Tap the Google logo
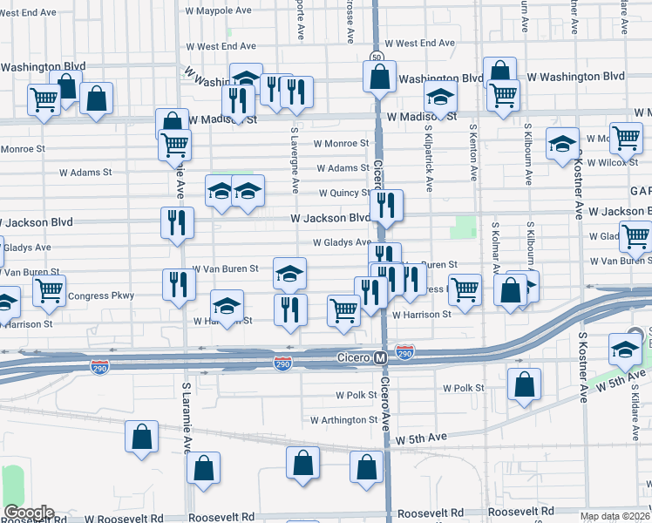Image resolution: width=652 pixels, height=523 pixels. pos(29,513)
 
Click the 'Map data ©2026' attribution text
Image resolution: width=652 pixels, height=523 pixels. pos(615,516)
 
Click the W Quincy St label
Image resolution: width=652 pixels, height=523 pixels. pos(345,194)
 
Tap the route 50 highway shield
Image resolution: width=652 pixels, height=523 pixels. pos(376,57)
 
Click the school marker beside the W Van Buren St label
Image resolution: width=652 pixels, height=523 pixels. pos(289,274)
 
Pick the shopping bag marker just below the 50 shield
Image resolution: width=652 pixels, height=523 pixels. pos(380,78)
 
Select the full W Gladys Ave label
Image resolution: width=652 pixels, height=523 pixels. pos(342,243)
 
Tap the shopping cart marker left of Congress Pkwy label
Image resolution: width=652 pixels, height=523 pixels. pos(49,291)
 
